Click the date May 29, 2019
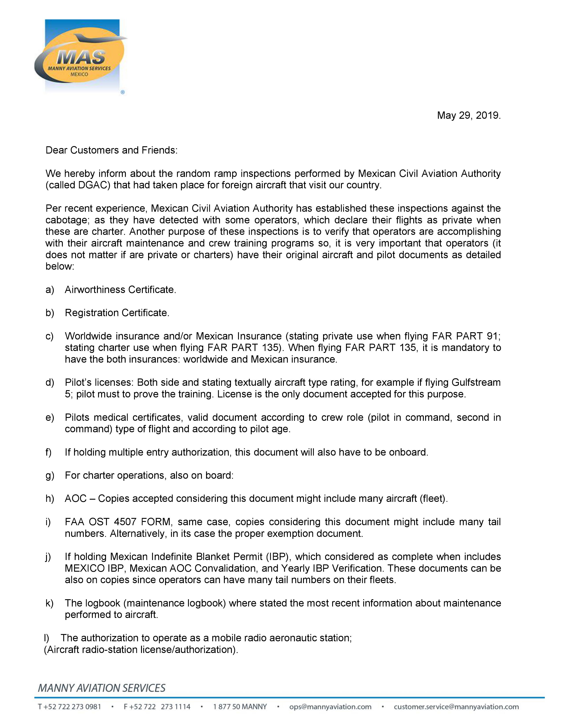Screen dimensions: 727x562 click(469, 115)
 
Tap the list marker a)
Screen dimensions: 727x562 click(50, 290)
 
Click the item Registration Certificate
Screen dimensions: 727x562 click(117, 313)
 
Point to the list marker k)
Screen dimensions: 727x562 click(50, 603)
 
